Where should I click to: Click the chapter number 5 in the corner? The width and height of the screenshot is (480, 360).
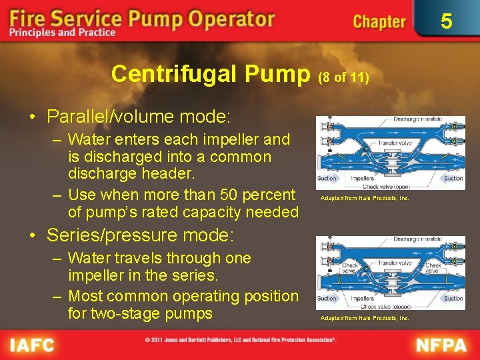(x=446, y=21)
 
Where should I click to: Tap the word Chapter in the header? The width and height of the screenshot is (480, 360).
(x=379, y=22)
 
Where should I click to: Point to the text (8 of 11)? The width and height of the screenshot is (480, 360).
(x=343, y=77)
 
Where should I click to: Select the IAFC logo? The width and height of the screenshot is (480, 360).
(x=31, y=345)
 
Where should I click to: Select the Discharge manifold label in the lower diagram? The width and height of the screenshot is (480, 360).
(x=417, y=239)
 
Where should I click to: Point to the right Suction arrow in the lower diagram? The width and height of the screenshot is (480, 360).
(x=453, y=298)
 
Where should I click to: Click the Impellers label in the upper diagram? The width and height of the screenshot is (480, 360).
(x=363, y=178)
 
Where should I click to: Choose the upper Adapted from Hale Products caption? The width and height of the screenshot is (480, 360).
(x=364, y=198)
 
